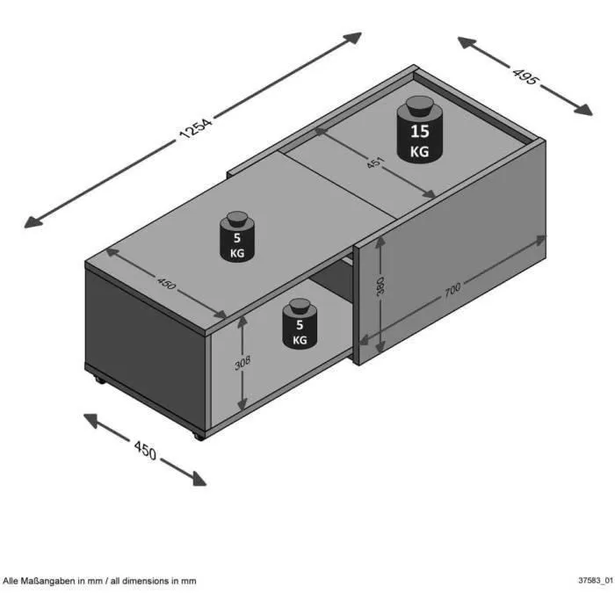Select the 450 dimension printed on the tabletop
point(167,284)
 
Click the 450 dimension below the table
point(145,452)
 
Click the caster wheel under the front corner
point(199,435)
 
